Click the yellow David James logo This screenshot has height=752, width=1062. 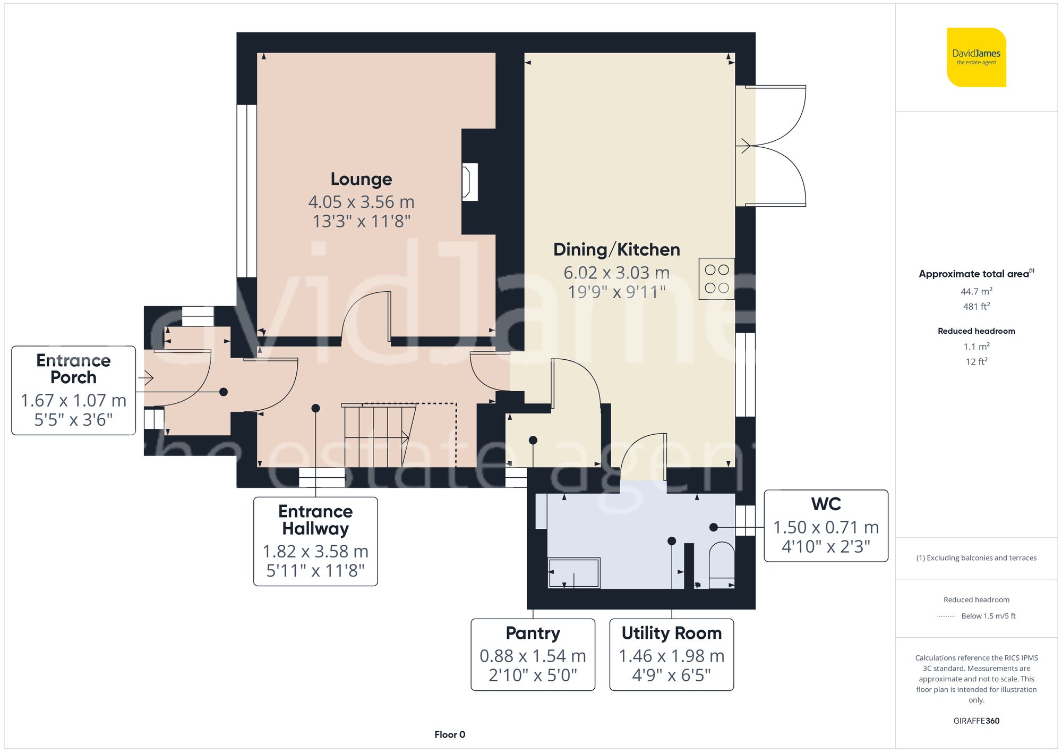(x=976, y=57)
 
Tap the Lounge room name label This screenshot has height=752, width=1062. (x=361, y=179)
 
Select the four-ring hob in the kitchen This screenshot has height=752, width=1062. (x=716, y=279)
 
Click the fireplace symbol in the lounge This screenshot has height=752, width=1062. (x=469, y=182)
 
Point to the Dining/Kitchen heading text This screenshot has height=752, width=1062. (x=616, y=249)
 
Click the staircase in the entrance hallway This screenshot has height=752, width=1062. (x=378, y=435)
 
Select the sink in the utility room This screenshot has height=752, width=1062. (x=573, y=573)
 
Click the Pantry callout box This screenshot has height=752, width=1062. (x=533, y=654)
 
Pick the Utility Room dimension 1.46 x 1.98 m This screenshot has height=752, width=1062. (x=671, y=656)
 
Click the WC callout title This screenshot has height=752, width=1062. (x=826, y=504)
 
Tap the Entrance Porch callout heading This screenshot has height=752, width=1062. (x=73, y=369)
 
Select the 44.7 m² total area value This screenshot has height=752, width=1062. (x=976, y=291)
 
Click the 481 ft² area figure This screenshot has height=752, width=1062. (x=976, y=306)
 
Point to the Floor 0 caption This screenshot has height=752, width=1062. (x=449, y=734)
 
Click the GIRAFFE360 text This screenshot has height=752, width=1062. (x=976, y=721)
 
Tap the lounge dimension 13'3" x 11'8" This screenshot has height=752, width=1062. (x=361, y=221)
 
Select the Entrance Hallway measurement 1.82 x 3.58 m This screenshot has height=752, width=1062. (x=315, y=551)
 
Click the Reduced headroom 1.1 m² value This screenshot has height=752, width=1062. (x=976, y=347)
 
